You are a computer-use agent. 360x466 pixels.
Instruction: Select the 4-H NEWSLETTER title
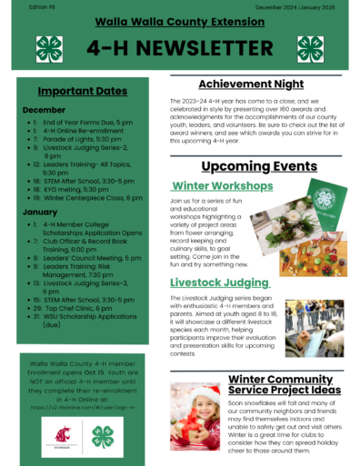click(x=180, y=48)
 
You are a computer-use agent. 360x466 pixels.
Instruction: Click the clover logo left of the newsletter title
click(x=48, y=49)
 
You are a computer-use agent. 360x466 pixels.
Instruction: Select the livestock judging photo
click(x=314, y=328)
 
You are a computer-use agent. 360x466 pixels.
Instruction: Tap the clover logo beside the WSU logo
click(x=102, y=437)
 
